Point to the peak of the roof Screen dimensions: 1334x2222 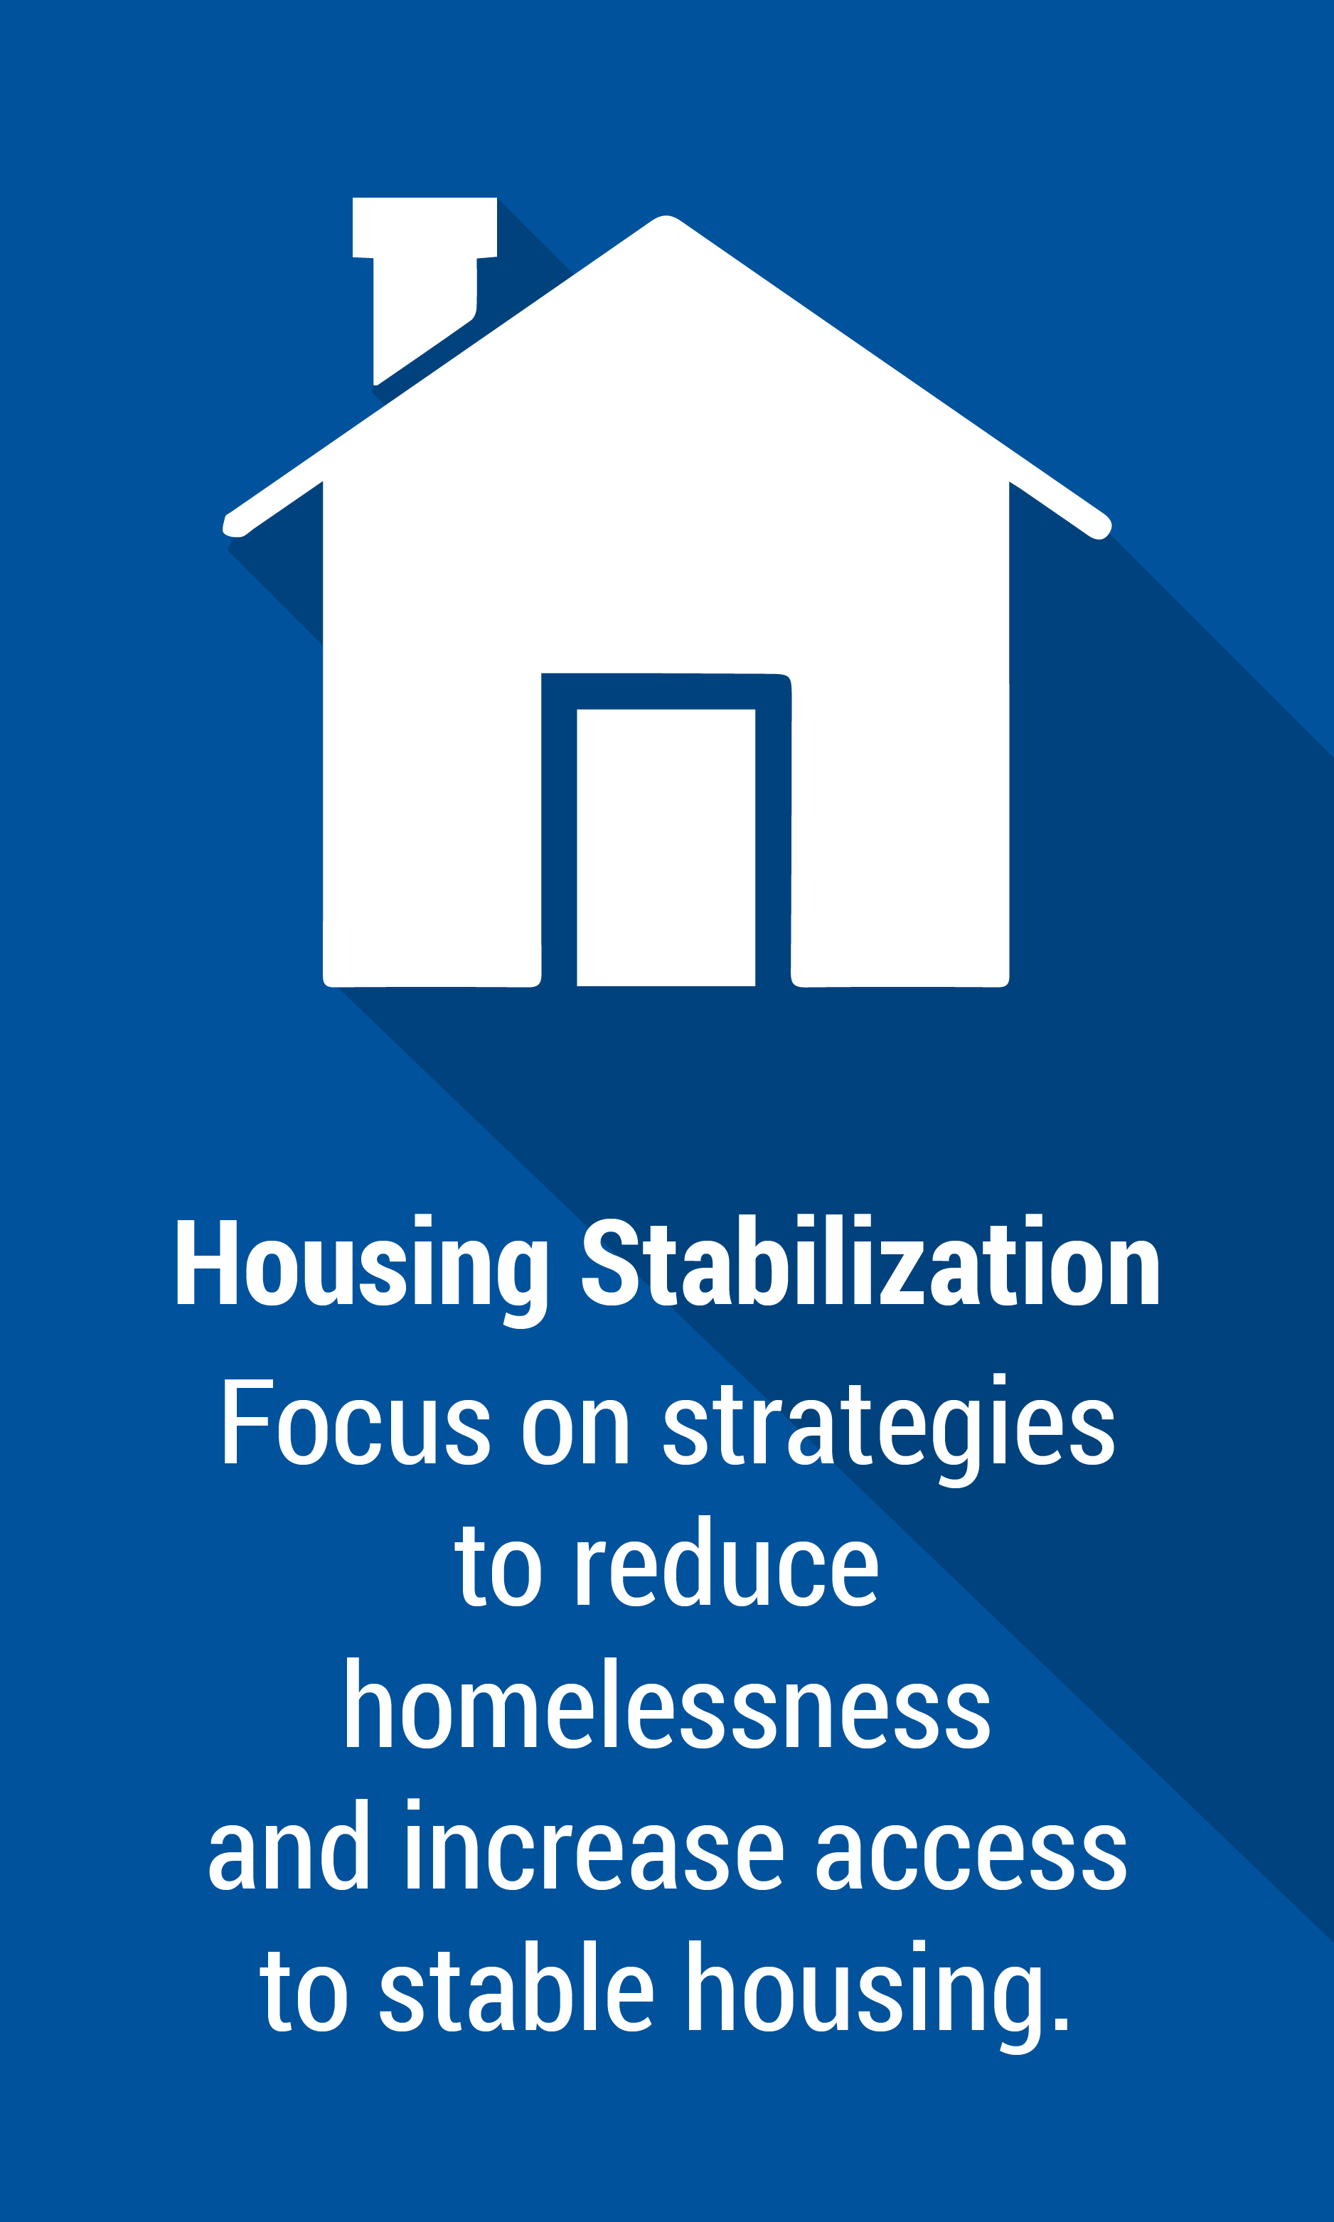coord(665,218)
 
